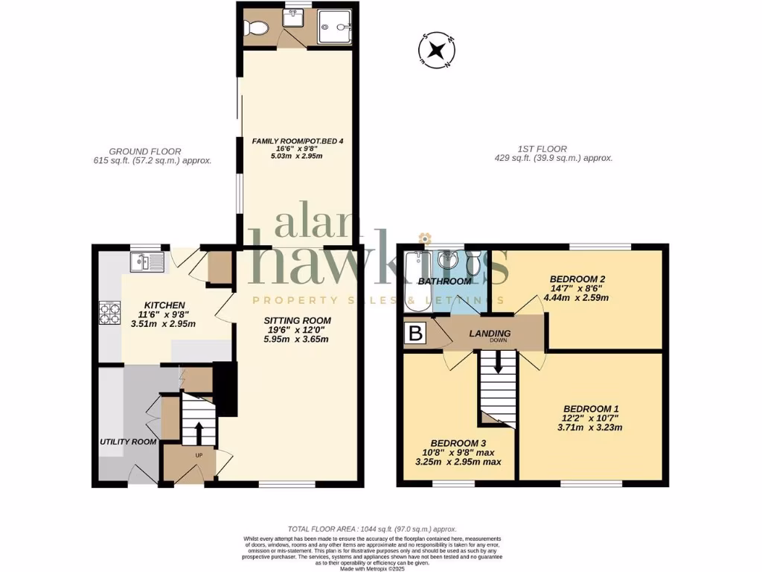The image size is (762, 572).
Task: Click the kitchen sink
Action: pyautogui.click(x=147, y=261)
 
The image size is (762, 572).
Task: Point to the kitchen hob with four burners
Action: pyautogui.click(x=109, y=313)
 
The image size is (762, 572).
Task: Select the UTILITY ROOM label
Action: pyautogui.click(x=129, y=442)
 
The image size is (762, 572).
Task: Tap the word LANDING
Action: pyautogui.click(x=490, y=334)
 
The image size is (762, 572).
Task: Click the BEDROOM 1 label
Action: pyautogui.click(x=591, y=408)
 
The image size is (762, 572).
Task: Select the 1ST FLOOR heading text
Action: pyautogui.click(x=546, y=149)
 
